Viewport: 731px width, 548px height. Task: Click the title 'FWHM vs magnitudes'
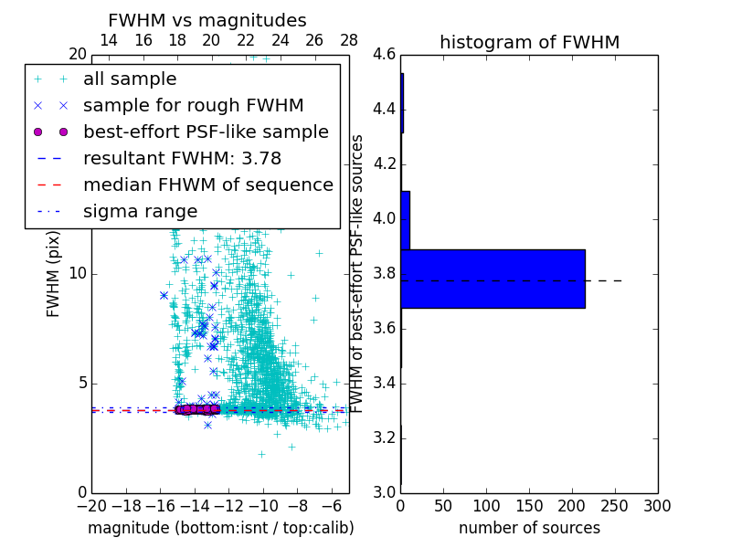point(207,21)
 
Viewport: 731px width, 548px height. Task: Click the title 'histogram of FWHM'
point(529,43)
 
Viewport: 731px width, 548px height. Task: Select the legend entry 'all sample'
point(130,79)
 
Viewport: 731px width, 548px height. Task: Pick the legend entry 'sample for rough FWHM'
point(193,105)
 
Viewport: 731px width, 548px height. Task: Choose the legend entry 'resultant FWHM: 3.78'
point(182,158)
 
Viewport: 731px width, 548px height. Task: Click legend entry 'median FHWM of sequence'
point(208,184)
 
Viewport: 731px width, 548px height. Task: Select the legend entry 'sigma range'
point(140,211)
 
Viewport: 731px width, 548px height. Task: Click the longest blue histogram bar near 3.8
point(493,279)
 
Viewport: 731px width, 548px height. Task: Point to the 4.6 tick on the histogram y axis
point(385,55)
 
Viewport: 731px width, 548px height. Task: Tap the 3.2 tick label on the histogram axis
point(385,437)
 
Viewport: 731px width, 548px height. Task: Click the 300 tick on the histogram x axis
point(657,505)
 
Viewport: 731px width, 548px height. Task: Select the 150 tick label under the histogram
point(529,505)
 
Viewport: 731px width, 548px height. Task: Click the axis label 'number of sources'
point(529,528)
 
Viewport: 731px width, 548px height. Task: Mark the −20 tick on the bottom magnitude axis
point(91,505)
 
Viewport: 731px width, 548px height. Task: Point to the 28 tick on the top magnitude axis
point(349,40)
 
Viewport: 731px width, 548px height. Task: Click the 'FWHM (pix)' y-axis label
point(54,274)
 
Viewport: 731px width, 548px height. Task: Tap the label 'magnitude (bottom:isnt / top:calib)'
point(220,528)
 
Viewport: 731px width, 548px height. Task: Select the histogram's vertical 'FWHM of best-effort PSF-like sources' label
point(358,274)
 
